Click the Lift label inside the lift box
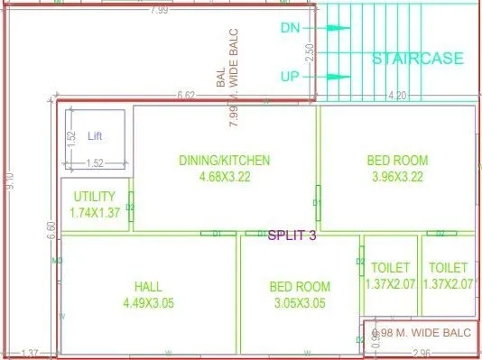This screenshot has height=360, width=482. pos(96,136)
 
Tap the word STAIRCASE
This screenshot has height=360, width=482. pos(418,59)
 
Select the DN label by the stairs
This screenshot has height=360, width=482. pos(290,28)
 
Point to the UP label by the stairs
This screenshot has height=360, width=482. pos(290,78)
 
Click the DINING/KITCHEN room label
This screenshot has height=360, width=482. pos(224,161)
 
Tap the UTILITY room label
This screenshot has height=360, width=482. pos(95,196)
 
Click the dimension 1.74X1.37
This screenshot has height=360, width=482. pos(95,213)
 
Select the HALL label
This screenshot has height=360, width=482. pos(148,287)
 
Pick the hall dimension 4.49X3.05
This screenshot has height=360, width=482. pos(148,303)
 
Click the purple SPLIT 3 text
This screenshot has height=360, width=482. pos(292,236)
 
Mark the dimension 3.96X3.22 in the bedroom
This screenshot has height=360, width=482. pos(397,177)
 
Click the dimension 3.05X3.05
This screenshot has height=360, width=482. pos(300,303)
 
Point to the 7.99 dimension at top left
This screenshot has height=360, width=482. pos(159,10)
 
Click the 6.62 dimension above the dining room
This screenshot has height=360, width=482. pos(187,95)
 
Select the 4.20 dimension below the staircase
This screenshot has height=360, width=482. pos(396,95)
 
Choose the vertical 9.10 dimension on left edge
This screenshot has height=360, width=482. pos(8,180)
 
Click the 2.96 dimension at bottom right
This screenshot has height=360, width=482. pos(422,353)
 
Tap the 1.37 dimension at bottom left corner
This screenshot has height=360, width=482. pos(30,353)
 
